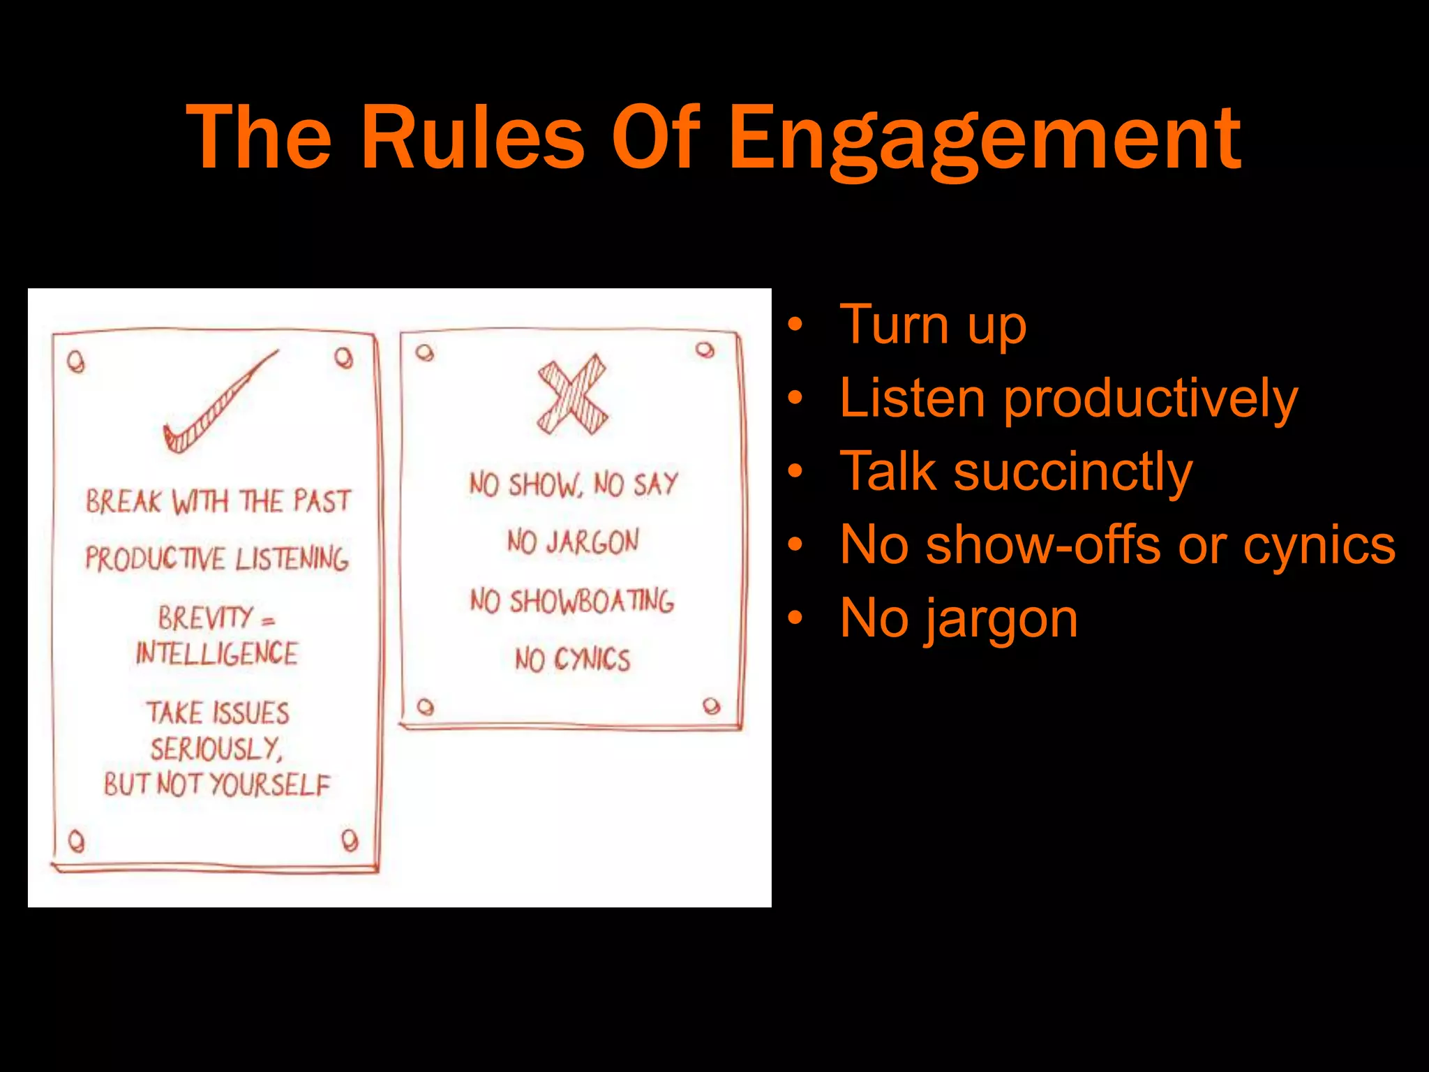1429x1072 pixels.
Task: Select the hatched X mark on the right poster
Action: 572,395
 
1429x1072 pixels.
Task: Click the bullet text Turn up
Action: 933,325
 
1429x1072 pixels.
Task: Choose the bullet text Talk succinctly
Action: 1016,471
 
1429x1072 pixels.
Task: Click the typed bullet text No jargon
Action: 959,618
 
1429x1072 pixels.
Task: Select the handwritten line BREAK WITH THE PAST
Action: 218,501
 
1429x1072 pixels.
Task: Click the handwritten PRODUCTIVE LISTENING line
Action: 217,558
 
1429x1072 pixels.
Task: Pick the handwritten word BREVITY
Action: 204,618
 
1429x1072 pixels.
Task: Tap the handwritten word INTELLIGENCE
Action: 217,654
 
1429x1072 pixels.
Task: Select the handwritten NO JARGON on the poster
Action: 573,542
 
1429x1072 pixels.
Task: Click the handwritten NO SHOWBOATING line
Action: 572,601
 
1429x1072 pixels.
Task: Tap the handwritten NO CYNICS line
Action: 572,660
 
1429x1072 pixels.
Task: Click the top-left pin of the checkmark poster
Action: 76,362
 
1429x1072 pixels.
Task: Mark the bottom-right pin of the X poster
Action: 711,706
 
